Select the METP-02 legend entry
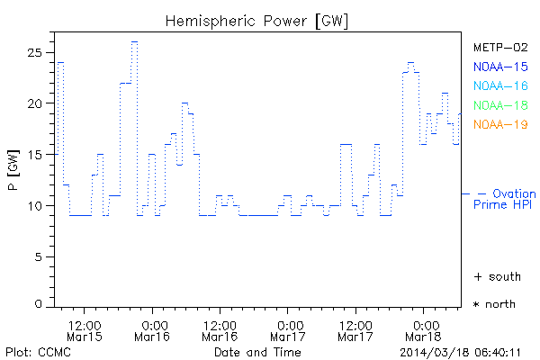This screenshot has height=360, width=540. coord(499,48)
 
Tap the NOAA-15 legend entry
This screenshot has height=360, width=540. coord(499,67)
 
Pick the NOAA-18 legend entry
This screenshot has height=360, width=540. coord(499,105)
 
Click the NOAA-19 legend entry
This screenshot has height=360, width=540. coord(499,124)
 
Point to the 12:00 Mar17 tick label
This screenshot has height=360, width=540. coord(355,330)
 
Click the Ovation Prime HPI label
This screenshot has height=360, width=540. coord(504,199)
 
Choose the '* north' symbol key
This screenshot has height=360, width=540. coord(494,304)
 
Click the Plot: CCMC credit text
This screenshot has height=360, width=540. coord(38,351)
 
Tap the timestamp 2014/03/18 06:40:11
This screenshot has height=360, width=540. coord(461,351)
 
